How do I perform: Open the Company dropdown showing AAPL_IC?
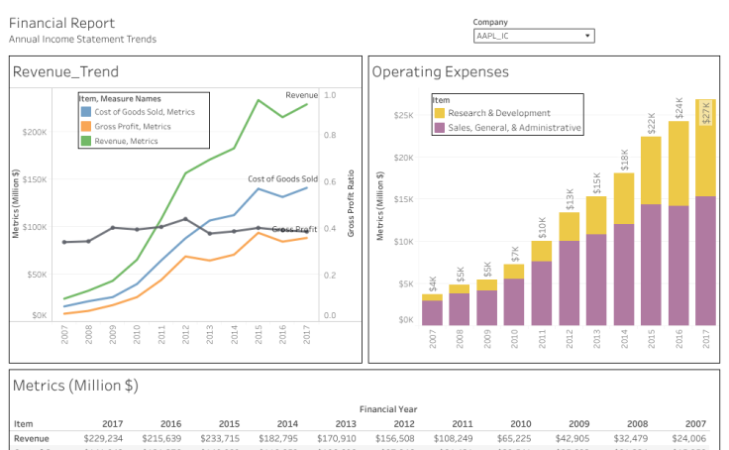[534, 36]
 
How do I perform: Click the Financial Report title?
[61, 23]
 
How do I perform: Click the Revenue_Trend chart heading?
[65, 71]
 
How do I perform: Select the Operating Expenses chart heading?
[440, 71]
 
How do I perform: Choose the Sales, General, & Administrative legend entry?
[514, 128]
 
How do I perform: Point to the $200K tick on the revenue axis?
[35, 132]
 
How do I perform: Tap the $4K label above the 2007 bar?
[432, 284]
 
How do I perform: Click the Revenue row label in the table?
[31, 437]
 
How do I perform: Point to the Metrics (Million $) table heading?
[75, 386]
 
